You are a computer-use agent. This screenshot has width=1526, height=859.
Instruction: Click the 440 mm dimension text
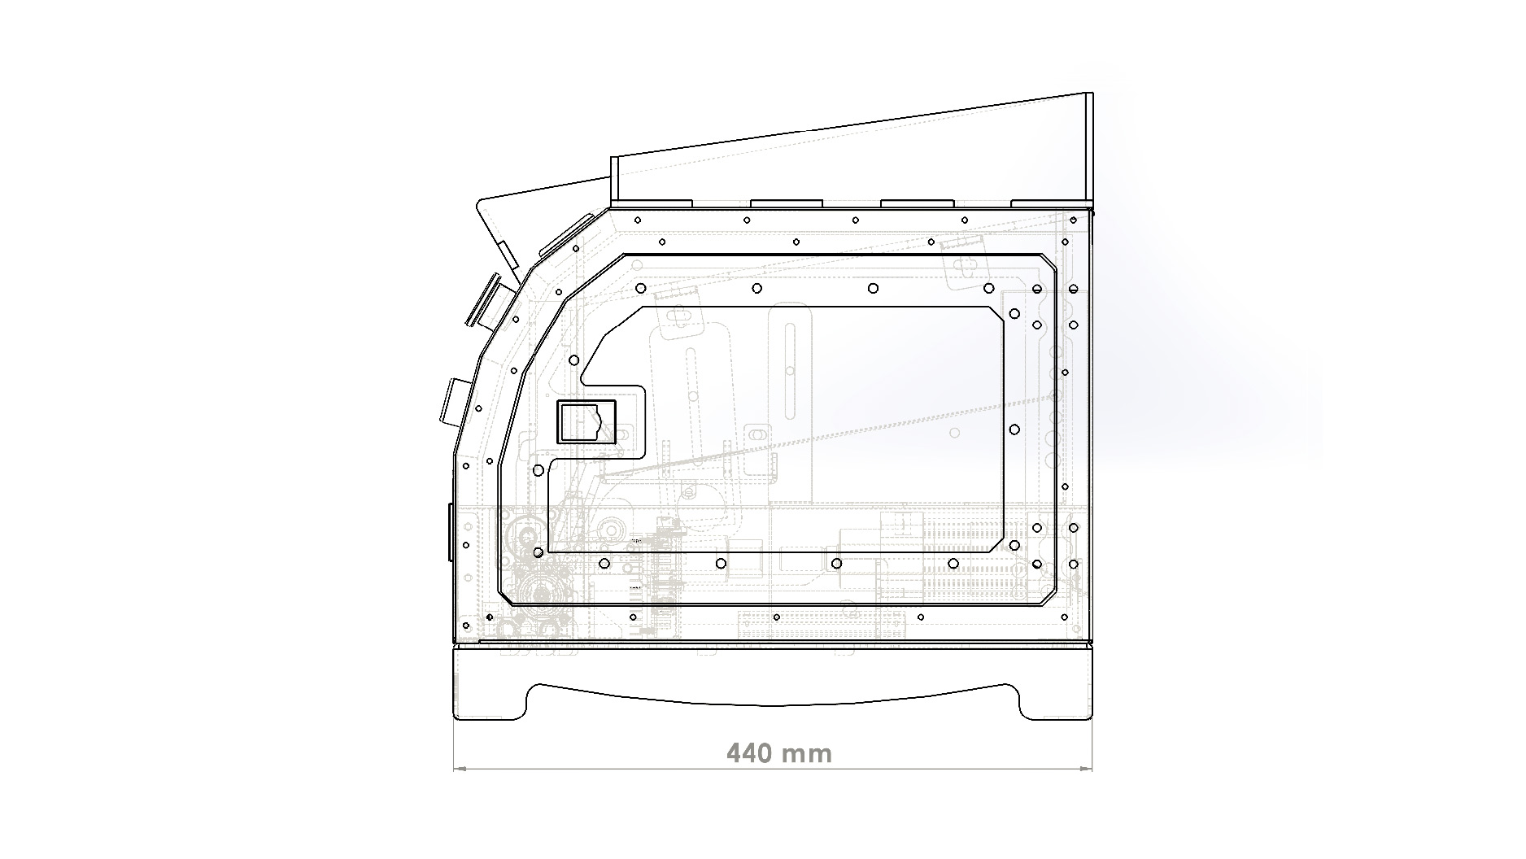click(x=778, y=753)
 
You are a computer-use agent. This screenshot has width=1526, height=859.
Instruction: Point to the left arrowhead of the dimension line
click(x=459, y=767)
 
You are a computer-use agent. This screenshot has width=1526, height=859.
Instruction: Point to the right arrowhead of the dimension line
click(x=1086, y=767)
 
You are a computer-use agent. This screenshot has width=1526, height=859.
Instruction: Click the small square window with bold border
click(x=586, y=421)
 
